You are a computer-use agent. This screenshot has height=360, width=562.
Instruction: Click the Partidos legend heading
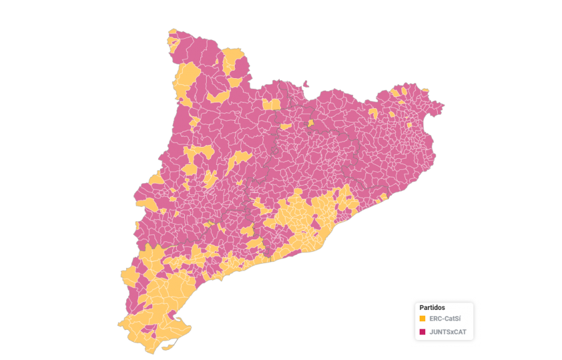click(432, 307)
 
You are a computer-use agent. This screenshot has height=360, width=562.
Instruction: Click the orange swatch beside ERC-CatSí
click(423, 319)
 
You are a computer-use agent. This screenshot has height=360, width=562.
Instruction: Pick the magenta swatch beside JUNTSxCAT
click(423, 331)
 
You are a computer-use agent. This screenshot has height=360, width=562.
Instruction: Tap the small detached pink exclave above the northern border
click(306, 84)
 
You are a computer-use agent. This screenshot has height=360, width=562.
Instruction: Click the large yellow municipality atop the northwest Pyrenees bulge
click(234, 60)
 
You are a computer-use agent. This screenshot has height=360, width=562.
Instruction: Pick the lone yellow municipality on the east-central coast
click(383, 197)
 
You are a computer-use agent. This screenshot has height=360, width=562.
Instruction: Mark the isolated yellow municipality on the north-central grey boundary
click(310, 122)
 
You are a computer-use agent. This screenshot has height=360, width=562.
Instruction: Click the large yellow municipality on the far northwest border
click(187, 79)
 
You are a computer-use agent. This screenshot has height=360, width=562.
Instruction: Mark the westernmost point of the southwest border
click(117, 324)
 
